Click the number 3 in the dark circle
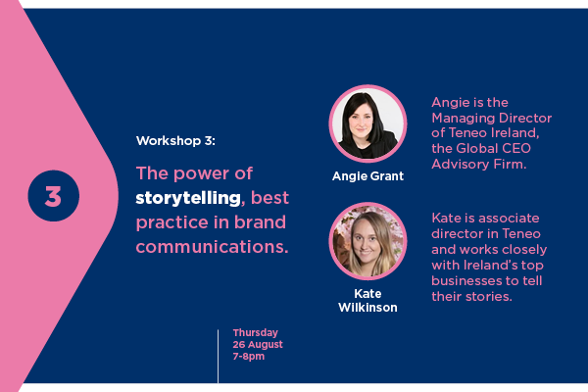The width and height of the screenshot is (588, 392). tap(53, 196)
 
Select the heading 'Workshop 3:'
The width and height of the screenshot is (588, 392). tap(175, 141)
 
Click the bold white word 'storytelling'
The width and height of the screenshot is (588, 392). tap(188, 198)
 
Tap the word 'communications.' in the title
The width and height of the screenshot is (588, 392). tap(212, 247)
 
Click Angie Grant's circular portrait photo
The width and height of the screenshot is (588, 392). tap(367, 123)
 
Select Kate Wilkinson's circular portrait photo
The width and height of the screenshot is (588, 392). tap(367, 241)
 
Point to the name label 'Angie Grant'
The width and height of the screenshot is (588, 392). tap(367, 176)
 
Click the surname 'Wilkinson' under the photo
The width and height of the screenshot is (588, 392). tap(367, 308)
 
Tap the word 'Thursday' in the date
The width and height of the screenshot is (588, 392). tap(256, 333)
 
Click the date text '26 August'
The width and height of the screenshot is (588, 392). tap(258, 344)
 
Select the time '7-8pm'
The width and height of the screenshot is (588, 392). tap(249, 357)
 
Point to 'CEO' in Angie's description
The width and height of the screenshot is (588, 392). tap(516, 149)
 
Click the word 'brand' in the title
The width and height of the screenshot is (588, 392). tap(260, 222)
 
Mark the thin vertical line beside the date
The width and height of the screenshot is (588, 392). tap(218, 357)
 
